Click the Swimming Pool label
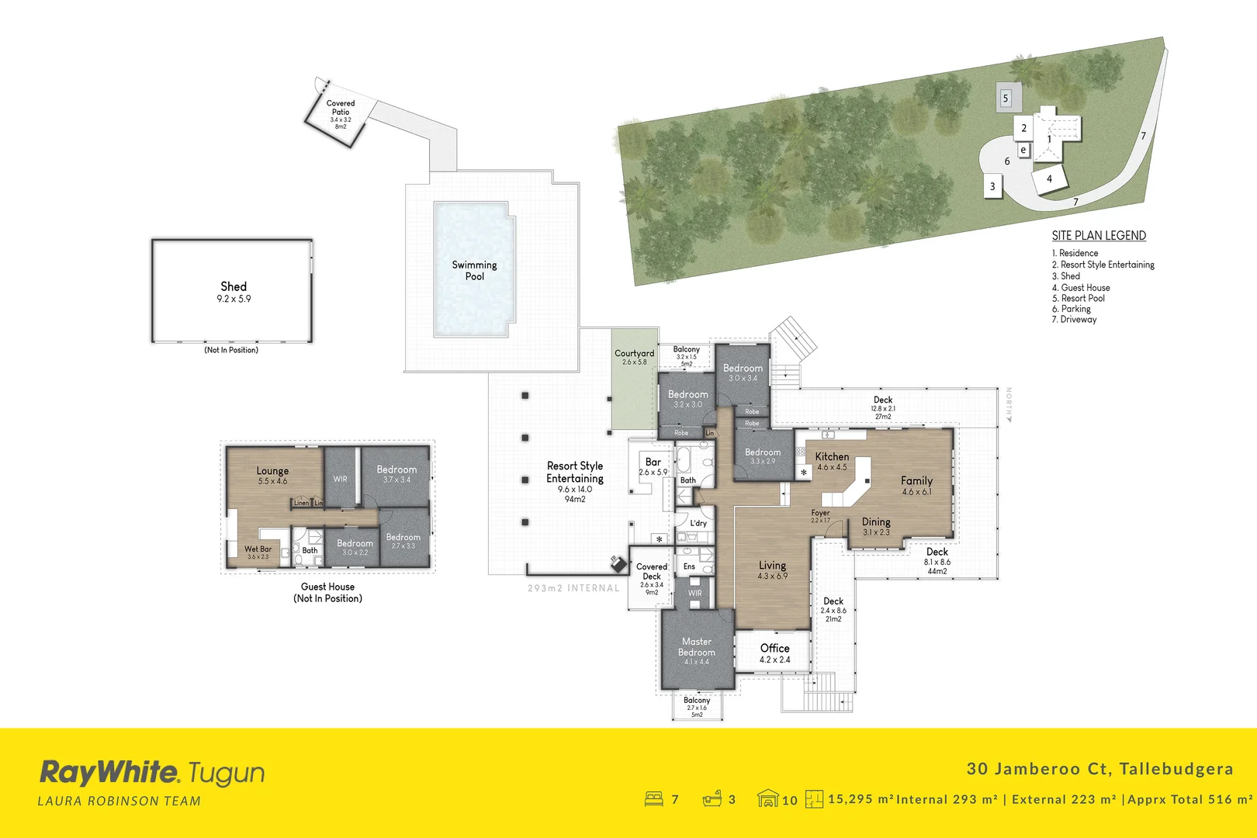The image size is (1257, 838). point(474,270)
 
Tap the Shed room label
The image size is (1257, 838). point(234,287)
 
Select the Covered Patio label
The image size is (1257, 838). point(341,108)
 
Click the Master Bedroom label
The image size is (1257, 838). point(697,647)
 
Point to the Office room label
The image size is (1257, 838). point(774,649)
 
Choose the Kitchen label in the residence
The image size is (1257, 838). point(832,457)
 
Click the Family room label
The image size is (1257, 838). point(916,481)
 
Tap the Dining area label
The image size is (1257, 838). point(876,522)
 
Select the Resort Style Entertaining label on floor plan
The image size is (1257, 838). point(575,472)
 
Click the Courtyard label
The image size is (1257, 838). point(634,353)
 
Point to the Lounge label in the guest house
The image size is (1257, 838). point(272,471)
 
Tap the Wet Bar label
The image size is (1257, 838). point(258,549)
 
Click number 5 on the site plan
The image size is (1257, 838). point(1006,99)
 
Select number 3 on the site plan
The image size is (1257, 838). point(992,187)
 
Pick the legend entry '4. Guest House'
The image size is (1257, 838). point(1081,287)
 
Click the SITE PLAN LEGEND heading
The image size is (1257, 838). point(1099,236)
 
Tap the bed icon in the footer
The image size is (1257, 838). point(654,798)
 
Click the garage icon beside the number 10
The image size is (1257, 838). point(767,798)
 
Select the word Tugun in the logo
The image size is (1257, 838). point(226,774)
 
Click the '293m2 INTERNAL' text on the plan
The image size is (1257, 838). point(573,588)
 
